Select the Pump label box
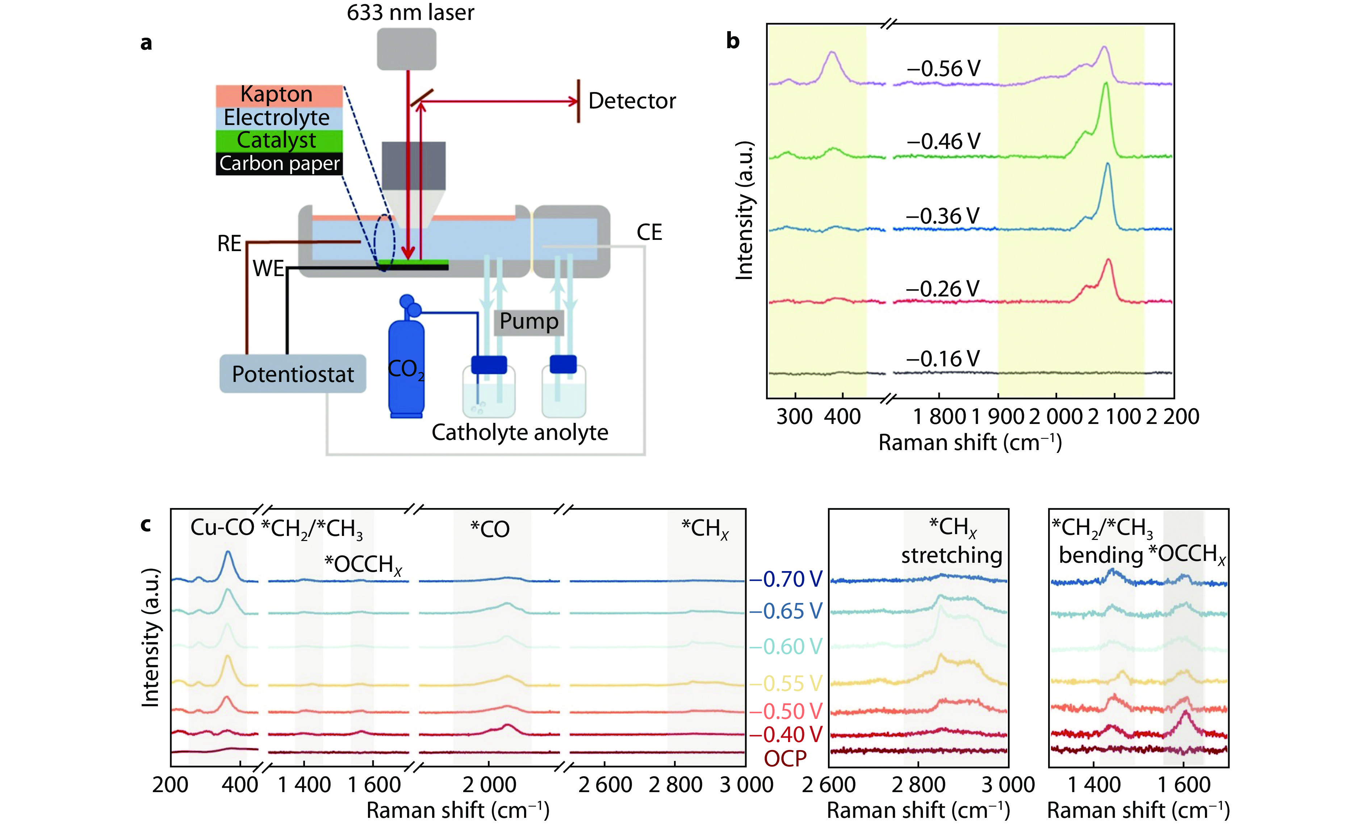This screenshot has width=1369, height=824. [x=529, y=321]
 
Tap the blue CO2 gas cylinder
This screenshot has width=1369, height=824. [x=406, y=366]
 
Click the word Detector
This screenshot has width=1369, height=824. [x=632, y=101]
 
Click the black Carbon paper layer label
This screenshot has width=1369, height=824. [x=279, y=164]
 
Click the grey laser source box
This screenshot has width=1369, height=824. [x=406, y=49]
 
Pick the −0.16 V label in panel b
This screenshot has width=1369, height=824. [x=943, y=359]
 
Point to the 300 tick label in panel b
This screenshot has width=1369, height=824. [x=795, y=416]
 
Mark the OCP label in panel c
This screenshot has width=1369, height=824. [x=785, y=758]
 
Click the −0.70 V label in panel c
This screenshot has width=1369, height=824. [x=785, y=579]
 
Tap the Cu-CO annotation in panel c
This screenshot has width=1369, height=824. [x=222, y=528]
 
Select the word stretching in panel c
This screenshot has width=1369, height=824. [x=951, y=555]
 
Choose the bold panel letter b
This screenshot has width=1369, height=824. [x=733, y=41]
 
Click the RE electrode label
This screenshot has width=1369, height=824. [x=229, y=243]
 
